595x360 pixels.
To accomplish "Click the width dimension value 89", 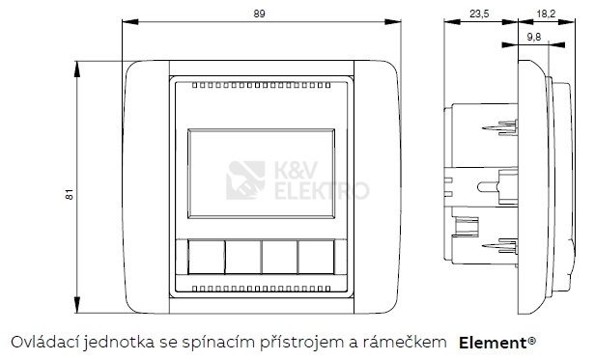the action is [x=259, y=14].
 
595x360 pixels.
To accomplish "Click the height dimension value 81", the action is [x=70, y=195].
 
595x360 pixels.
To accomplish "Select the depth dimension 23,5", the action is [x=479, y=14].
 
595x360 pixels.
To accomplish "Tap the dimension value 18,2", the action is [x=546, y=14].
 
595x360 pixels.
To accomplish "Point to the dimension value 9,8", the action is [x=534, y=38].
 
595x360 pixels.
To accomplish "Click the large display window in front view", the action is [x=261, y=174].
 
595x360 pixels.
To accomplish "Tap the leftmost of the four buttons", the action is [x=206, y=257].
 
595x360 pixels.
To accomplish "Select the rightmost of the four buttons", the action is [x=316, y=257].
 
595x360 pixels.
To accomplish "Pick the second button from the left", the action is [x=242, y=257].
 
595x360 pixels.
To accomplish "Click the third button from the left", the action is [x=280, y=257].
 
